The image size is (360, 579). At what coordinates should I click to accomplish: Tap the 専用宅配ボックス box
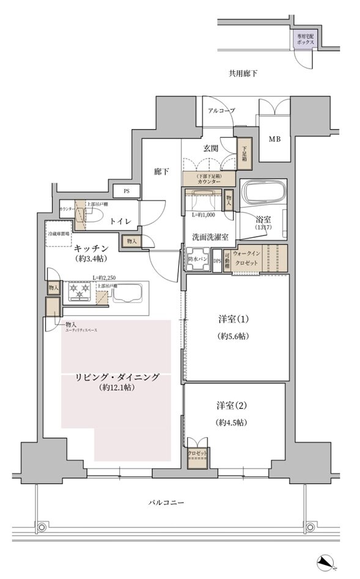tap(305, 40)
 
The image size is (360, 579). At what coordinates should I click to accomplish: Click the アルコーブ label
tap(221, 111)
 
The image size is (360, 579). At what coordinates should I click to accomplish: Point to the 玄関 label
tap(211, 147)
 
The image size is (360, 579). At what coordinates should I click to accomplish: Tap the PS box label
tap(127, 191)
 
